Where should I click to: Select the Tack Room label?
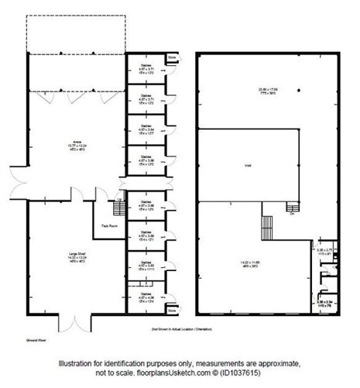[x=109, y=226]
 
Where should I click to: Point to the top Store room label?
[x=171, y=57]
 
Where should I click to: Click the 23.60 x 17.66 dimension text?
[x=269, y=91]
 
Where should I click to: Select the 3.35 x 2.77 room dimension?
[x=324, y=252]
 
